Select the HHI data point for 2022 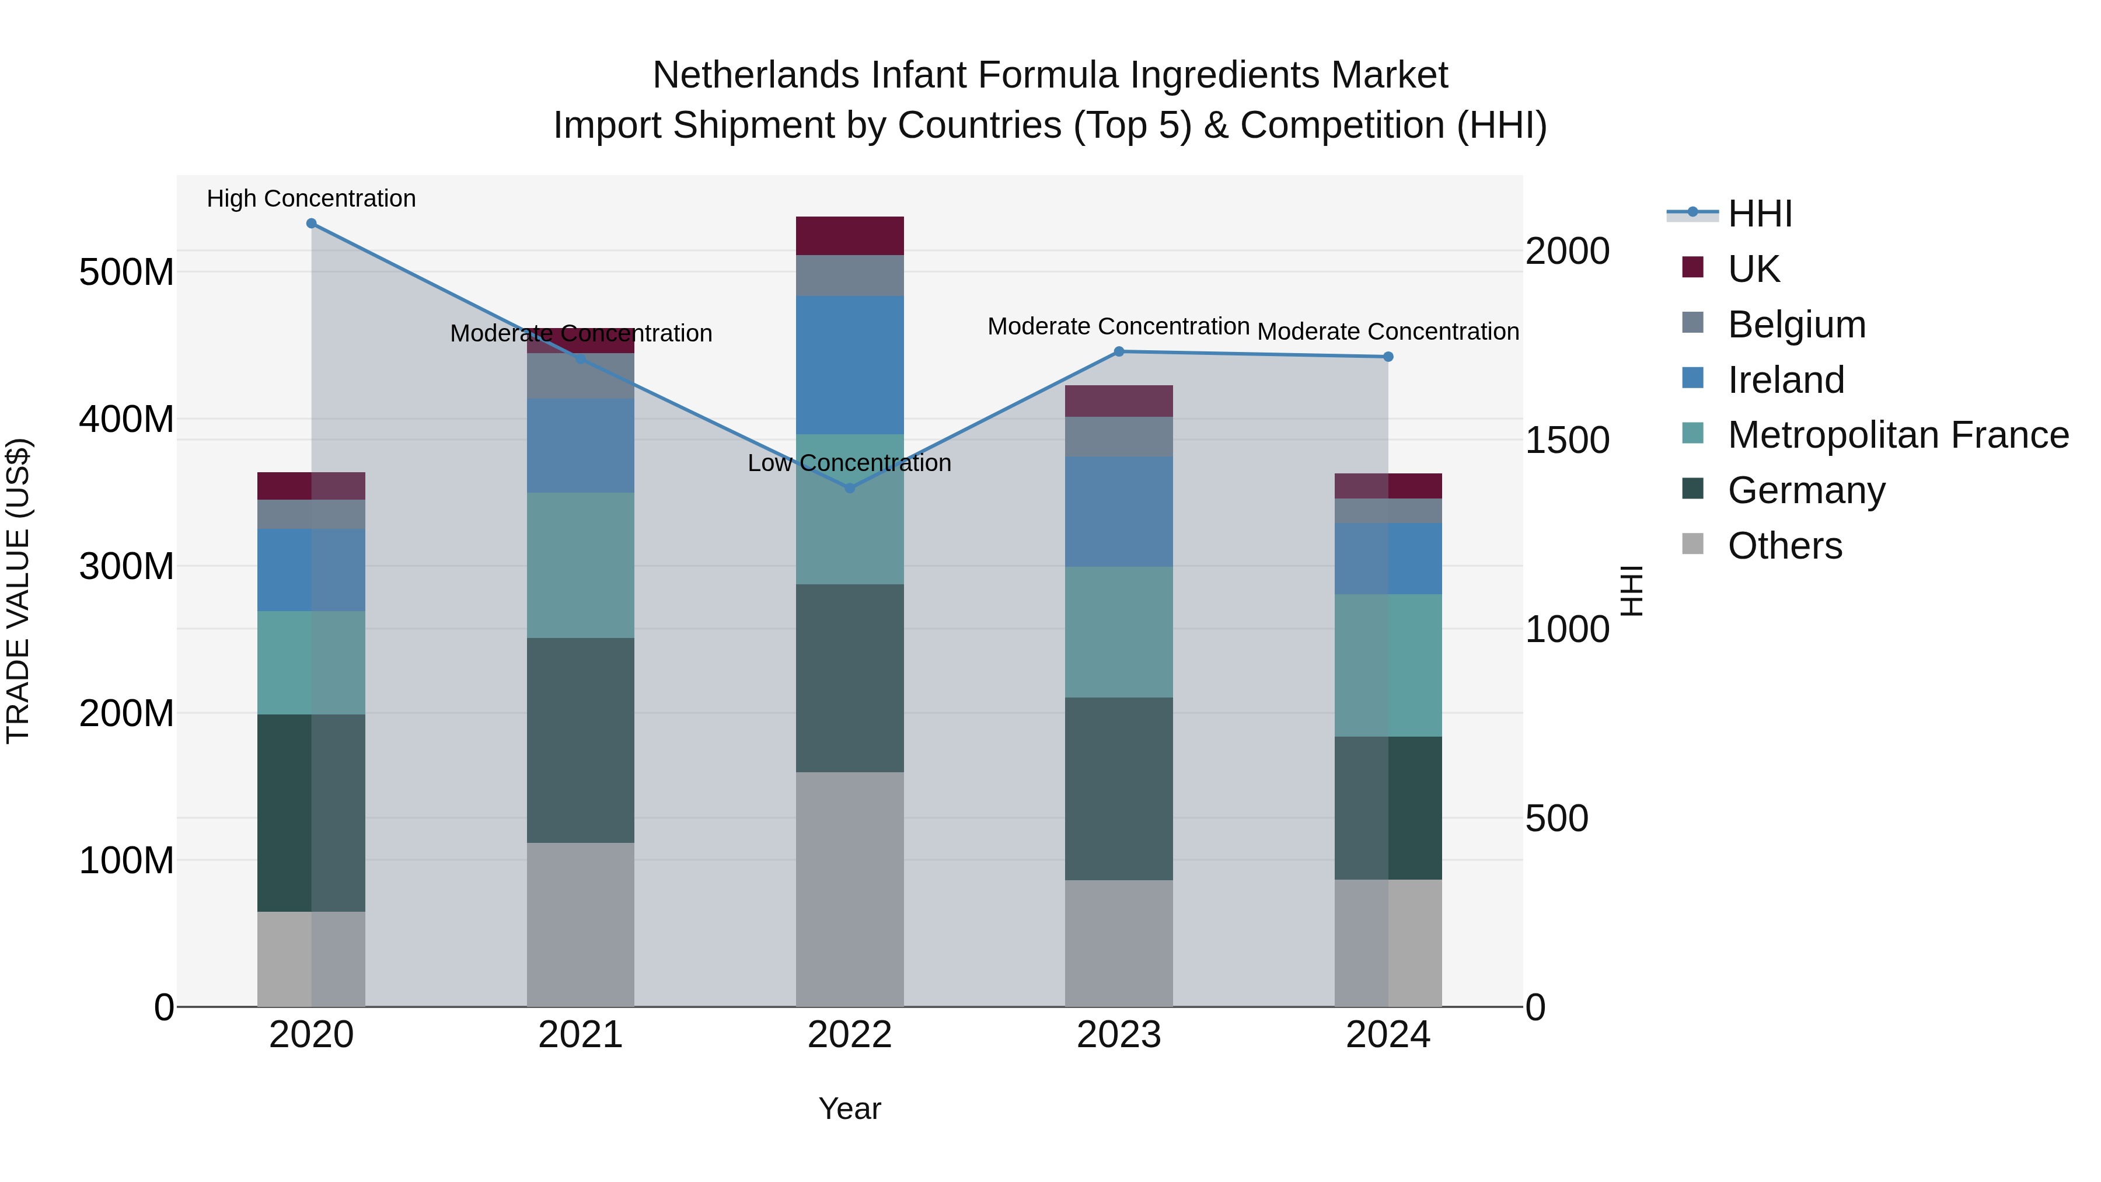[849, 489]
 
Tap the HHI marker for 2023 [1119, 351]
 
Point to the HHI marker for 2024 [1388, 357]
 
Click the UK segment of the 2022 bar [849, 236]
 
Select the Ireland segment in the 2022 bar [849, 365]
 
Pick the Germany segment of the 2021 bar [580, 740]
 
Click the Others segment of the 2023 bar [1119, 943]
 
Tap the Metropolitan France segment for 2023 [1119, 632]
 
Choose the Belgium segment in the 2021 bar [580, 376]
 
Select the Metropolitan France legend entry [1897, 435]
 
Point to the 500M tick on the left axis [127, 273]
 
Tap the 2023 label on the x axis [1119, 1035]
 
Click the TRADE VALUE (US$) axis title [18, 591]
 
